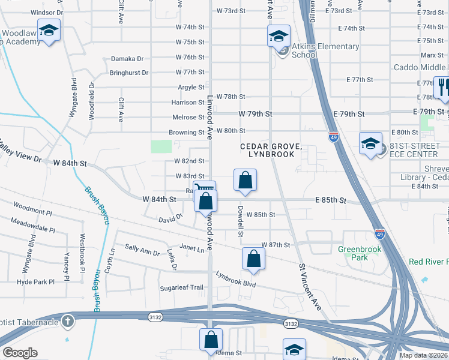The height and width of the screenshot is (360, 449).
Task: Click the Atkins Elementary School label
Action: click(x=325, y=50)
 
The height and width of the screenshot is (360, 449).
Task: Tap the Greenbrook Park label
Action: click(x=360, y=253)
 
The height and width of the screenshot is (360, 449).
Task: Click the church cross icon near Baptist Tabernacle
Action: click(x=68, y=321)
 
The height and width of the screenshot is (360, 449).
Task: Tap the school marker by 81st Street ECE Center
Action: click(x=370, y=145)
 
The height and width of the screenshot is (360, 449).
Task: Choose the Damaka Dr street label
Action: click(x=128, y=59)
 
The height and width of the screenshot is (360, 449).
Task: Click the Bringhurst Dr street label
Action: click(x=128, y=73)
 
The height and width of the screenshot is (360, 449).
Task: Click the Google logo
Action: click(x=20, y=352)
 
